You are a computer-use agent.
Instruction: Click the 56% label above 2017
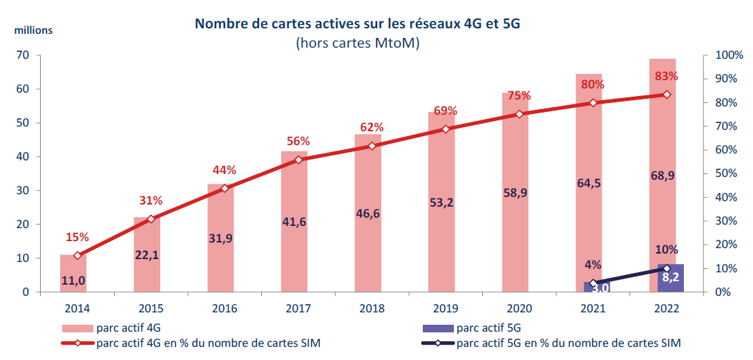click(298, 141)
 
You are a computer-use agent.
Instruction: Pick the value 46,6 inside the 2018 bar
click(372, 214)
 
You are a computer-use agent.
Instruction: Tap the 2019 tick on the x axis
click(446, 307)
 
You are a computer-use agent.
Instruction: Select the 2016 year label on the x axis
click(225, 307)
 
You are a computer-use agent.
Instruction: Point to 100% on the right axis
click(729, 55)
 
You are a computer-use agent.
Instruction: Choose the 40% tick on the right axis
click(726, 198)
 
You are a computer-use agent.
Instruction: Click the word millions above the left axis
click(30, 30)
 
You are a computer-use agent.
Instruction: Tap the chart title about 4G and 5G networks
click(357, 24)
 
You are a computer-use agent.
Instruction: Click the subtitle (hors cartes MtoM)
click(357, 44)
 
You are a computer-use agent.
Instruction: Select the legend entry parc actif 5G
click(490, 327)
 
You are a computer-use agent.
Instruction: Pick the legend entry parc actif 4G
click(131, 327)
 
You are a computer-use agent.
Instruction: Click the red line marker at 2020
click(520, 114)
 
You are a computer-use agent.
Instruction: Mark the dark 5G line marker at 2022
click(667, 268)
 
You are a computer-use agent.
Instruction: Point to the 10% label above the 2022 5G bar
click(667, 249)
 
